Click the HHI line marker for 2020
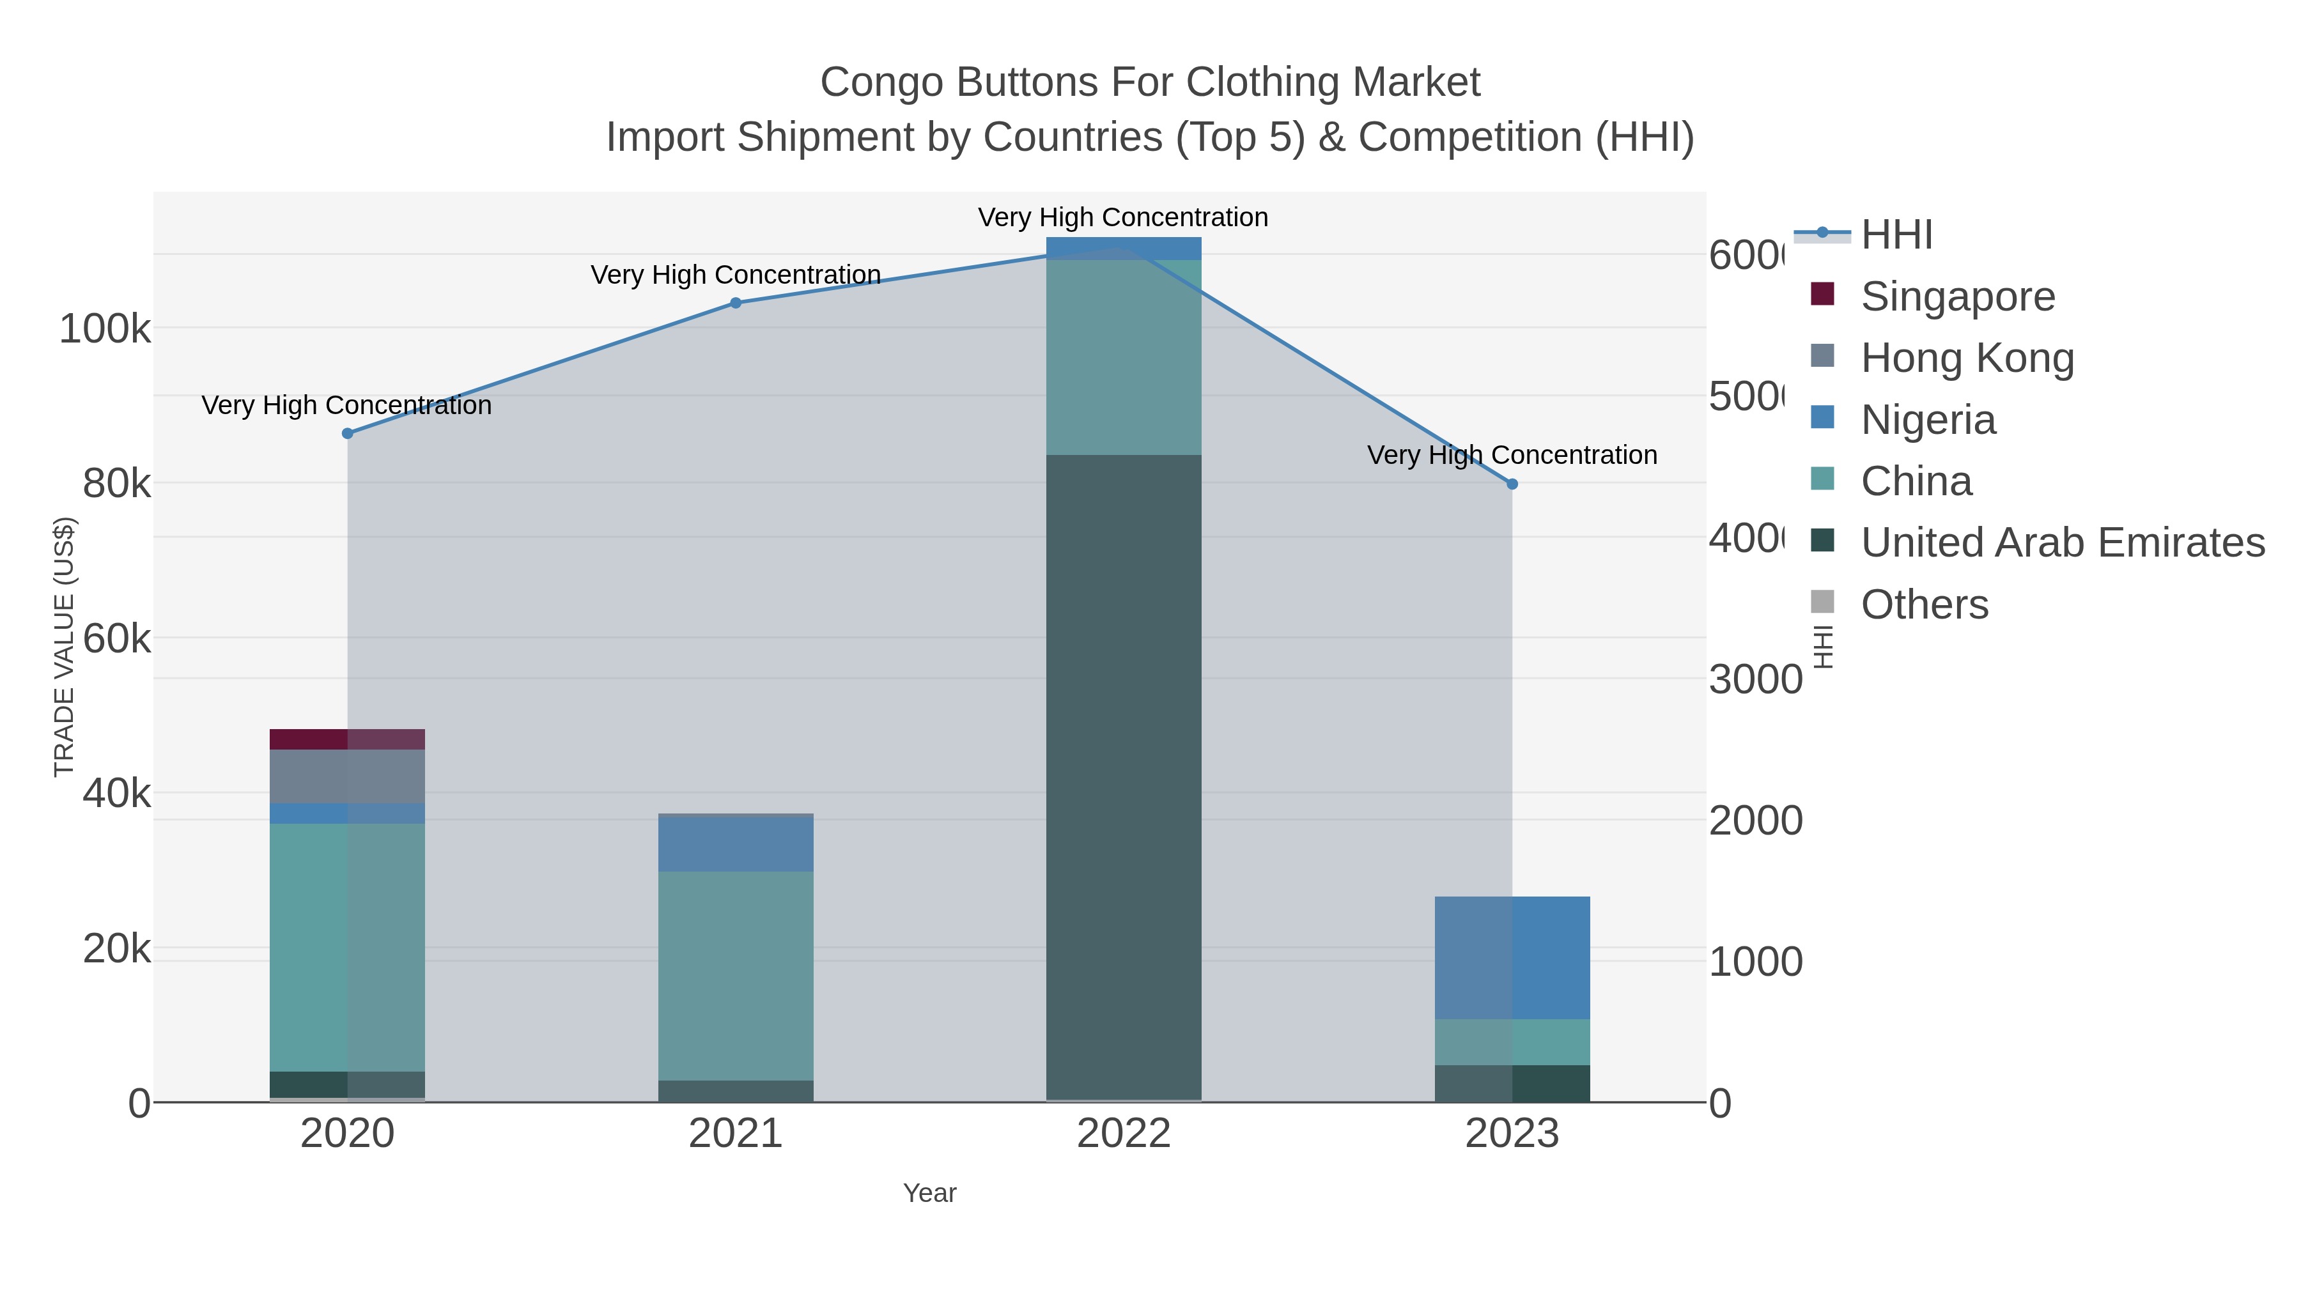(x=348, y=433)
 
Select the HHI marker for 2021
(x=736, y=303)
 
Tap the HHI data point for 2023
(x=1512, y=484)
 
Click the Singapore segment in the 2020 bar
(x=348, y=739)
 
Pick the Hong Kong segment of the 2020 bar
(x=348, y=776)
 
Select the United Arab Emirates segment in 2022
(x=1124, y=777)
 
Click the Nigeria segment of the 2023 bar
(x=1512, y=957)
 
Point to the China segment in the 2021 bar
(x=736, y=975)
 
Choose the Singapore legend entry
(x=1957, y=297)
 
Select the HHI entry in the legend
(x=1896, y=235)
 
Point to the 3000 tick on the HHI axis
(x=1755, y=680)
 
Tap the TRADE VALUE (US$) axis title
(x=65, y=647)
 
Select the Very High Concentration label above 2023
(x=1512, y=456)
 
